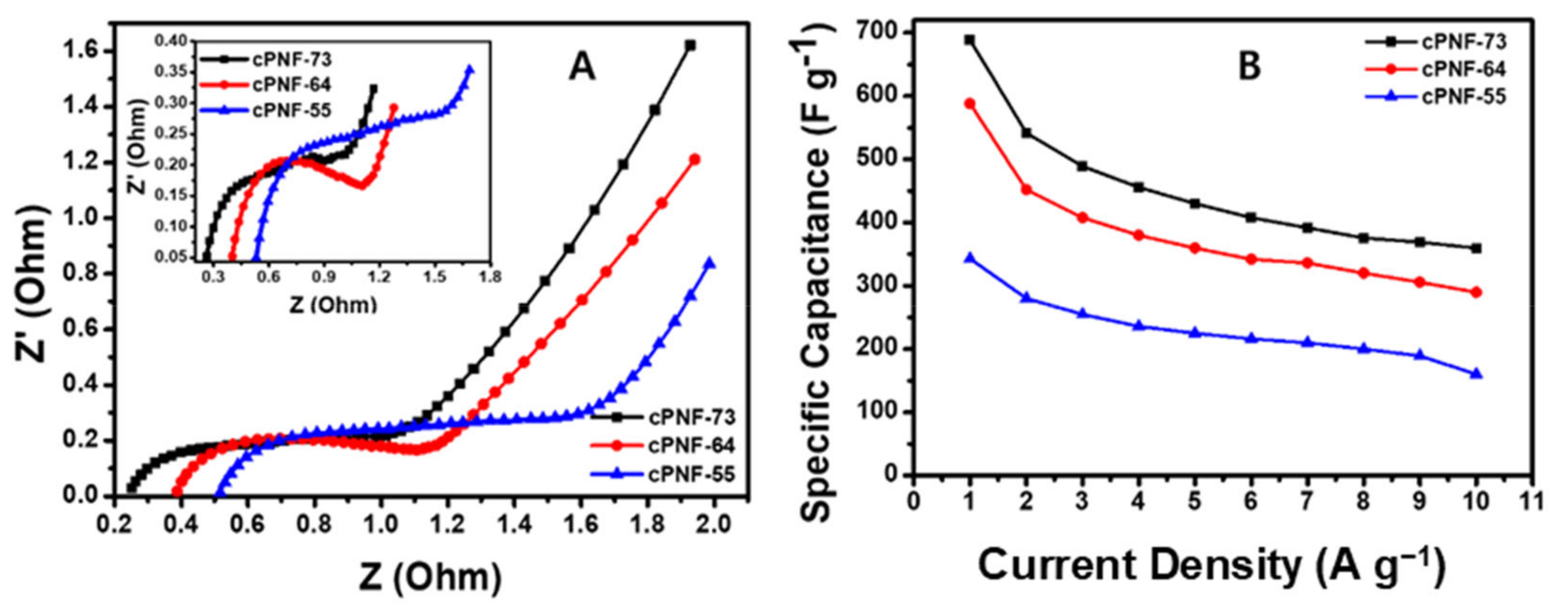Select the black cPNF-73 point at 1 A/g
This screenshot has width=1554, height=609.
point(969,40)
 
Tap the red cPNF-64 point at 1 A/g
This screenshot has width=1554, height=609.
point(969,103)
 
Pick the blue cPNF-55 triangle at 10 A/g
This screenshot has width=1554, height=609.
point(1476,374)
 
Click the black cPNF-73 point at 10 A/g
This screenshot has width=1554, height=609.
point(1476,248)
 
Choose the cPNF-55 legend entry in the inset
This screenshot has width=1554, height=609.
point(291,110)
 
